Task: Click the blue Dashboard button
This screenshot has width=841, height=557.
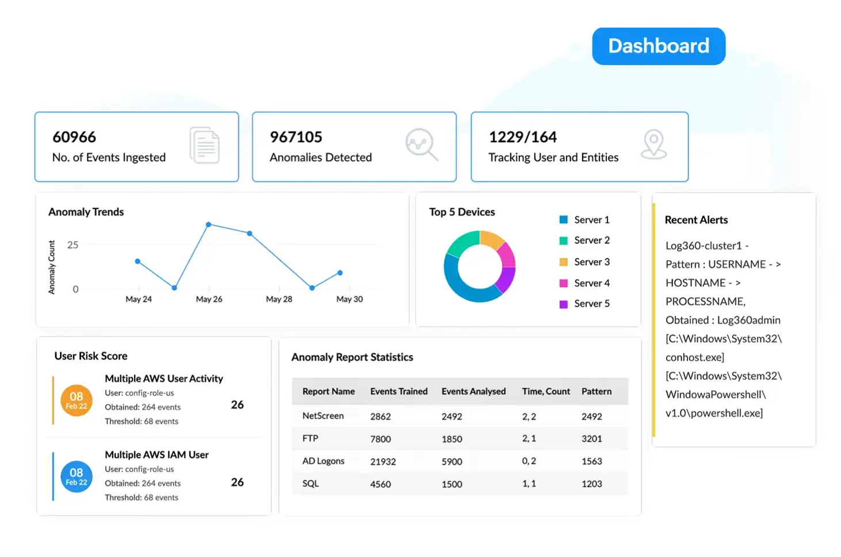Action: coord(659,46)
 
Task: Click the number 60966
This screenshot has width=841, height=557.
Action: coord(74,137)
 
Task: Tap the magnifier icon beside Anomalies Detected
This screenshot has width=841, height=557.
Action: coord(422,144)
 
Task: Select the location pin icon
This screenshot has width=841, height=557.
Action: coord(653,144)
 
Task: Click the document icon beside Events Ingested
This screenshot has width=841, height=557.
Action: coord(205,145)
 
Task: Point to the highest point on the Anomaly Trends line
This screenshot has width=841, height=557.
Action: coord(209,224)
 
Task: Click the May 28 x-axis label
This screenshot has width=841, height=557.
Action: coord(279,299)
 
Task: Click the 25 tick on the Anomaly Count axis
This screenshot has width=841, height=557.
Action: coord(72,245)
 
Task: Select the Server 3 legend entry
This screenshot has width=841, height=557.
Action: coord(584,262)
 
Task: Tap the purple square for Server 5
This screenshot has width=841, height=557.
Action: coord(563,304)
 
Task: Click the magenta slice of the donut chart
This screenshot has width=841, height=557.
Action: coord(507,255)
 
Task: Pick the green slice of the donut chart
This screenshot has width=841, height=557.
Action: coord(462,242)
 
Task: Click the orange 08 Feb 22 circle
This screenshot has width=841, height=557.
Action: coord(76,400)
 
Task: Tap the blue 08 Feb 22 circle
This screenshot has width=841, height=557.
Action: coord(76,476)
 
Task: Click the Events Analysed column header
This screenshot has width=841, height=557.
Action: coord(473,391)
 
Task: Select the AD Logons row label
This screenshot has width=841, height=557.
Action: coord(323,461)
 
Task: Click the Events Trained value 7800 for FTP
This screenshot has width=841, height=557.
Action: coord(380,438)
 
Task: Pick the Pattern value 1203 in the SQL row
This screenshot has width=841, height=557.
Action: coord(592,484)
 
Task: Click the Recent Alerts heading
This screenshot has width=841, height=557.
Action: coord(696,220)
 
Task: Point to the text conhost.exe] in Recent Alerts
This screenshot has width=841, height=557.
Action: coord(694,357)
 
